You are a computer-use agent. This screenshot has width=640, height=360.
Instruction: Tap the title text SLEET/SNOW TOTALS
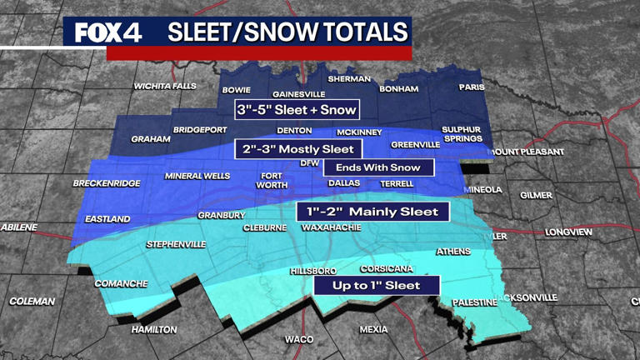(x=287, y=32)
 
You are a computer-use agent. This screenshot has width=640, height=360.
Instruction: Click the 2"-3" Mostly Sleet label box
(x=299, y=149)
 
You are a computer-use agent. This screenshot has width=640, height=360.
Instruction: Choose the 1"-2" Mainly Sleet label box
(x=372, y=212)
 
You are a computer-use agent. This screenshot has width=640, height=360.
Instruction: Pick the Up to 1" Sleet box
(x=376, y=286)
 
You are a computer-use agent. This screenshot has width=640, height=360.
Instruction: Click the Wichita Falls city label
(x=165, y=86)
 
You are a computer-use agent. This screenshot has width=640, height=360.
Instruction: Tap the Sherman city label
(x=349, y=79)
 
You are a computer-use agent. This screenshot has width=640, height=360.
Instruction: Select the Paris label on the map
(x=472, y=87)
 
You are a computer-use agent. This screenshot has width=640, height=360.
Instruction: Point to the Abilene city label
(x=19, y=227)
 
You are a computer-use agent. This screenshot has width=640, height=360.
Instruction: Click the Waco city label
(x=299, y=339)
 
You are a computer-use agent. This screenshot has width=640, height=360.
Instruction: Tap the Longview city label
(x=568, y=232)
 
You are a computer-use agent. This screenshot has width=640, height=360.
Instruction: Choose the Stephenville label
(x=176, y=244)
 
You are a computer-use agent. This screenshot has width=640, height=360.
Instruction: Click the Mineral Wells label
(x=197, y=176)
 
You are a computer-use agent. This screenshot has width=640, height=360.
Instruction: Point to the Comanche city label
(x=121, y=283)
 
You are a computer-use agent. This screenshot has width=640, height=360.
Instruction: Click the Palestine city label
(x=474, y=302)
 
